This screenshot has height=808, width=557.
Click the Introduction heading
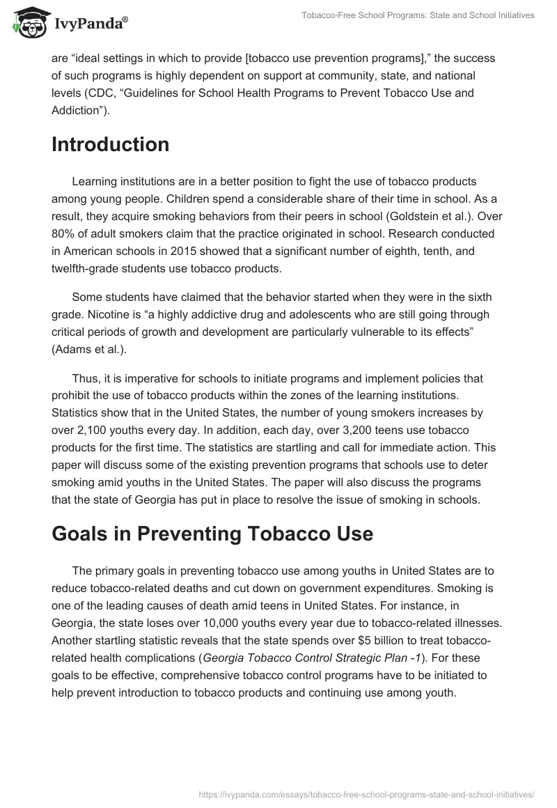coord(110,144)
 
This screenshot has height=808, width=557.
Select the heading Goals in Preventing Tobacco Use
coord(212,534)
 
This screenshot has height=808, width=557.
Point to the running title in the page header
coord(418,15)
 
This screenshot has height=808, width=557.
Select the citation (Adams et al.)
coord(89,350)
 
